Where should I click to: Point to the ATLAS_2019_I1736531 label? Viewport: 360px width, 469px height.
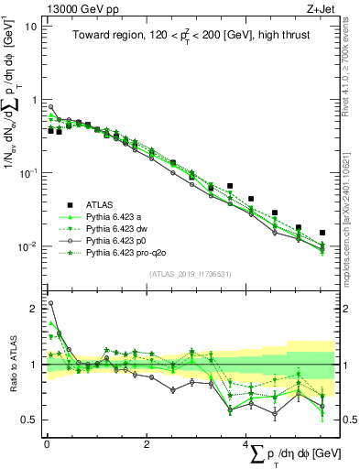coord(190,274)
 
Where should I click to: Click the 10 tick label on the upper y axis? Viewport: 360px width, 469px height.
coord(31,27)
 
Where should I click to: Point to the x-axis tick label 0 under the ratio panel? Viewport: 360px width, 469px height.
coord(47,444)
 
